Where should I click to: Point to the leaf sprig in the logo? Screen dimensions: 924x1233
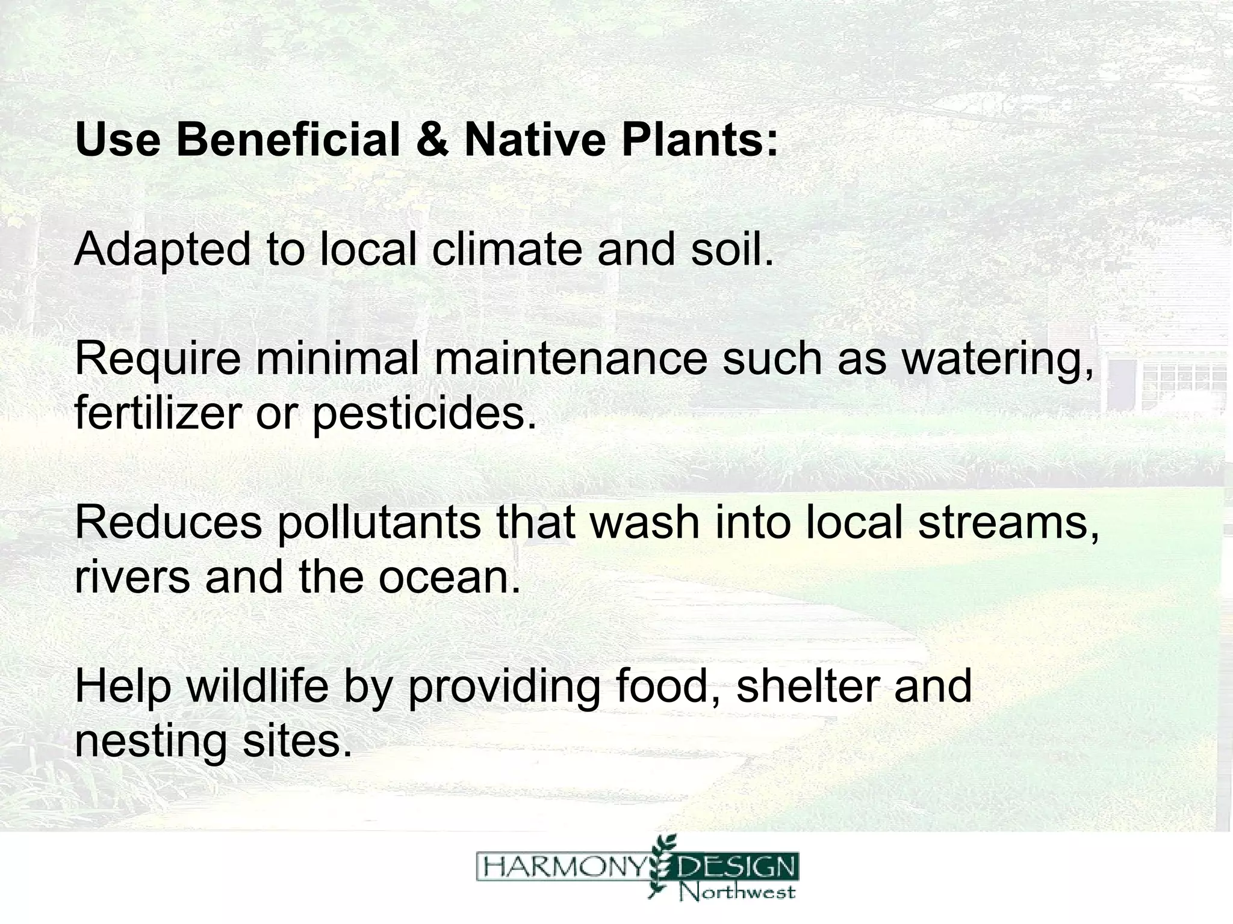tap(662, 867)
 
